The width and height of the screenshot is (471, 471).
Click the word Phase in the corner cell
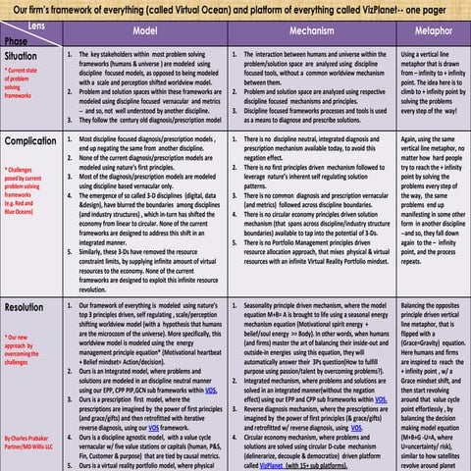click(x=17, y=41)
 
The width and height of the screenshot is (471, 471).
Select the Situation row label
click(x=23, y=58)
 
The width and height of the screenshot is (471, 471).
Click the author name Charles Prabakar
click(x=28, y=437)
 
